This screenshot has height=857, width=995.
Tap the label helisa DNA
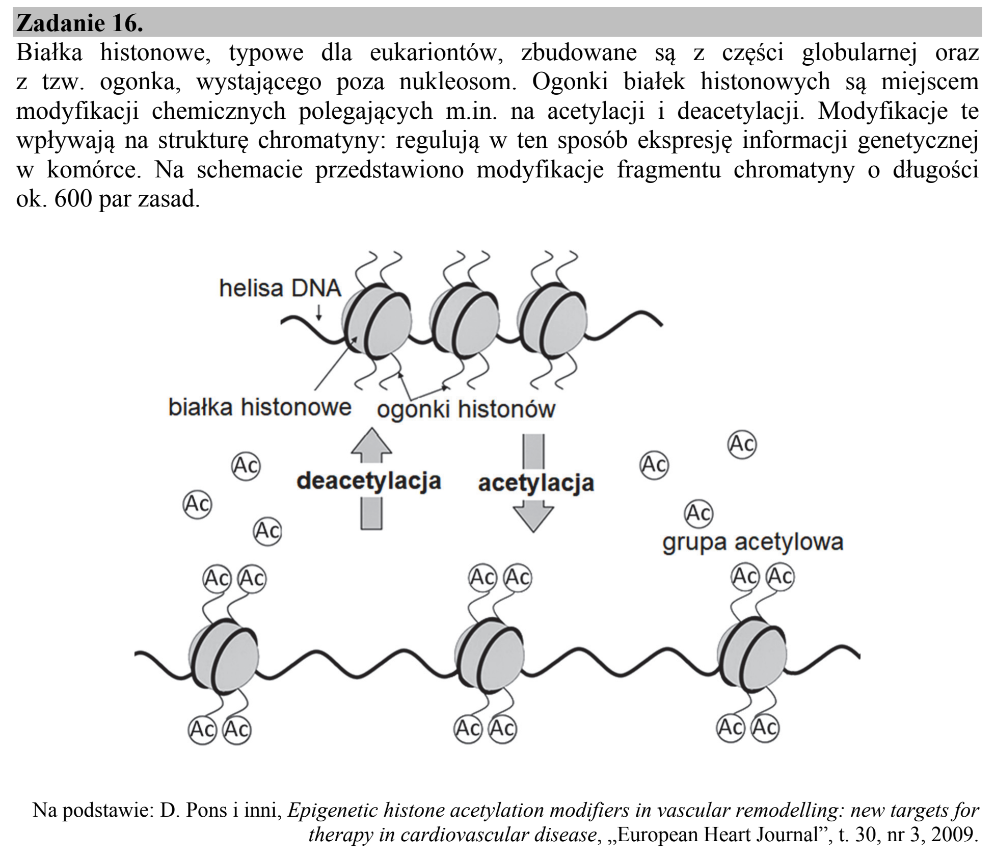tap(280, 289)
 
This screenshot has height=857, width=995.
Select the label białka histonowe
tap(260, 407)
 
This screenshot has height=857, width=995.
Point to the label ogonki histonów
tap(466, 409)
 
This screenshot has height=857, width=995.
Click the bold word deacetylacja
tap(369, 481)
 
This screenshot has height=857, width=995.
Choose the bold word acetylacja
tap(536, 483)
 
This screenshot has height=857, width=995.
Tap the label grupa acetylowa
tap(753, 542)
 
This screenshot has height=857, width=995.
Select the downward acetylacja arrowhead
tap(533, 517)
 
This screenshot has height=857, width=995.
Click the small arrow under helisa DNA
tap(319, 311)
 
